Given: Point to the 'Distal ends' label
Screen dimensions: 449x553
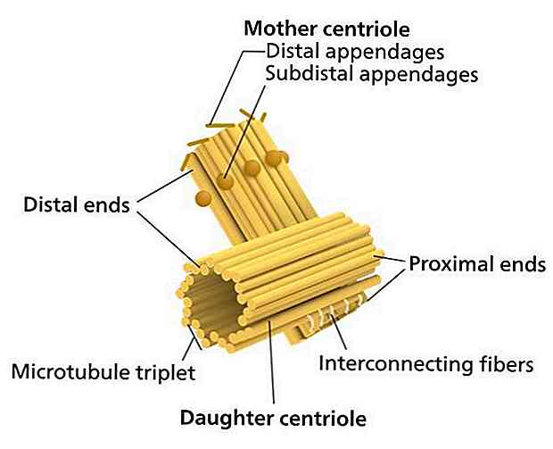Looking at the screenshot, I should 76,205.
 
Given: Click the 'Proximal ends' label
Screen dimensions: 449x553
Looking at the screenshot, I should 476,264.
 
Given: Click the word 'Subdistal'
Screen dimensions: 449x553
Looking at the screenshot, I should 306,74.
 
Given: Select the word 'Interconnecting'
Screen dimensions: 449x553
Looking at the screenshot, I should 394,363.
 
